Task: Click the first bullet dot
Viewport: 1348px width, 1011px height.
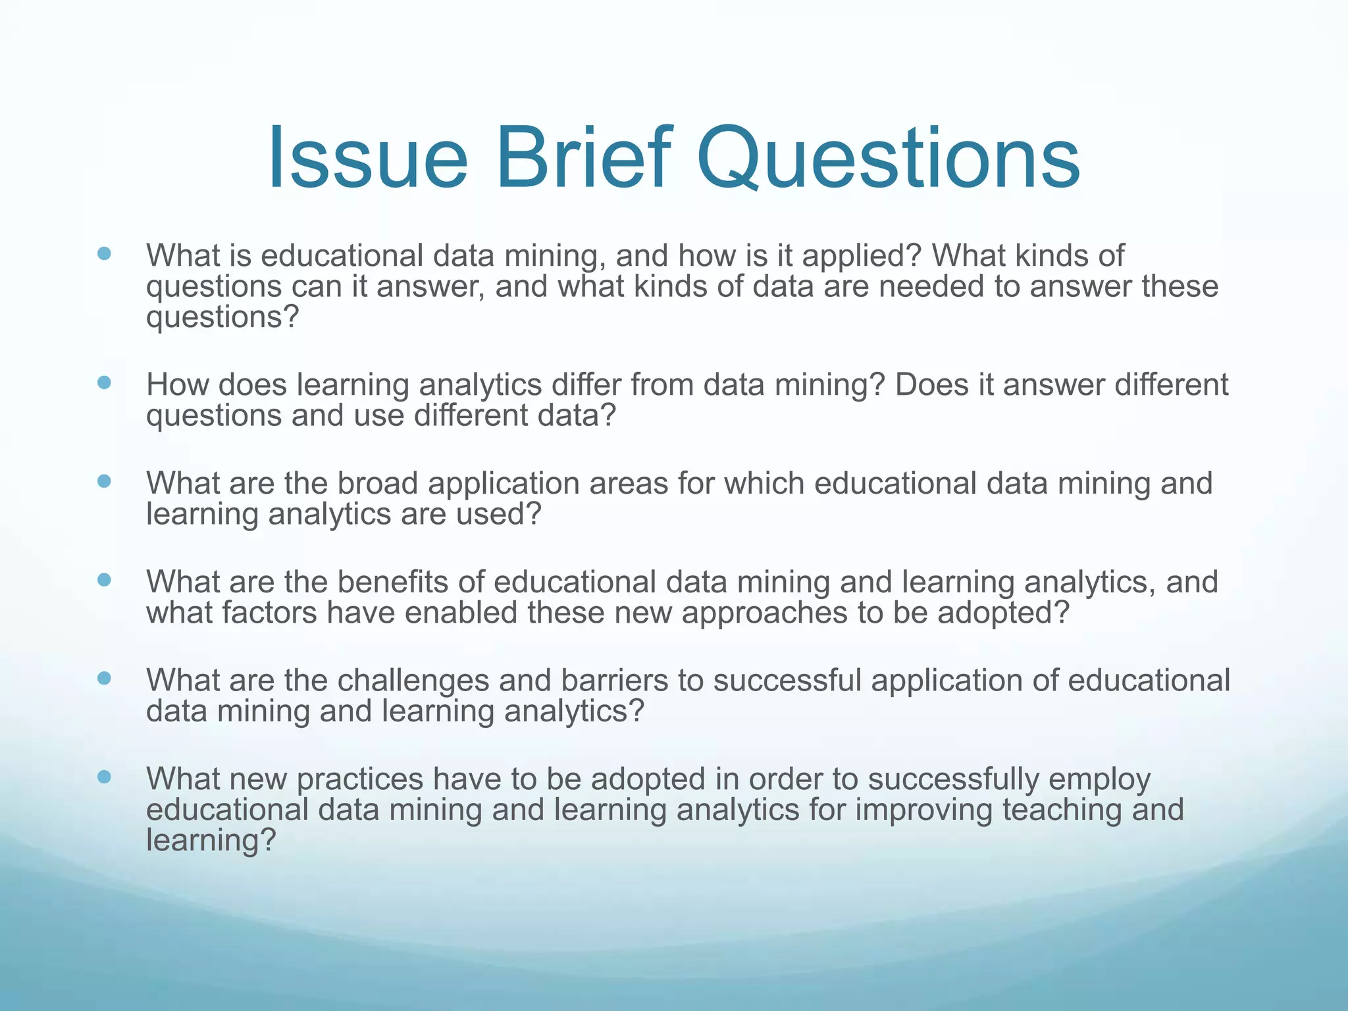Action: click(104, 253)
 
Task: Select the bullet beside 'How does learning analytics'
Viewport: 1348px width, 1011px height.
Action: click(104, 382)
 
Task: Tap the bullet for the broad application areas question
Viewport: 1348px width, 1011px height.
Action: click(104, 481)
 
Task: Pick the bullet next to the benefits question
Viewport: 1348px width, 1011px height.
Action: click(104, 580)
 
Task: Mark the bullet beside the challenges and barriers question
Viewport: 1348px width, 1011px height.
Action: click(104, 678)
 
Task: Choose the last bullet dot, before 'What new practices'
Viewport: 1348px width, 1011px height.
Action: click(104, 777)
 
